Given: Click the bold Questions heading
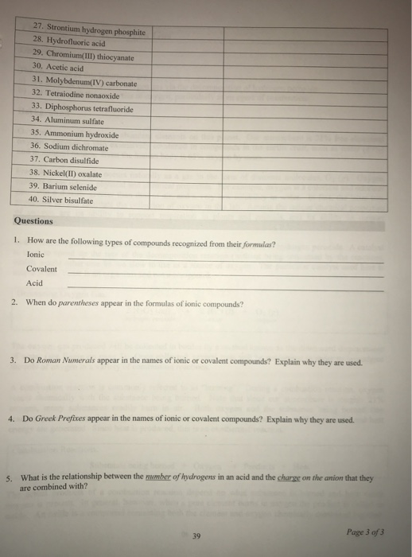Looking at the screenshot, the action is point(33,221).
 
